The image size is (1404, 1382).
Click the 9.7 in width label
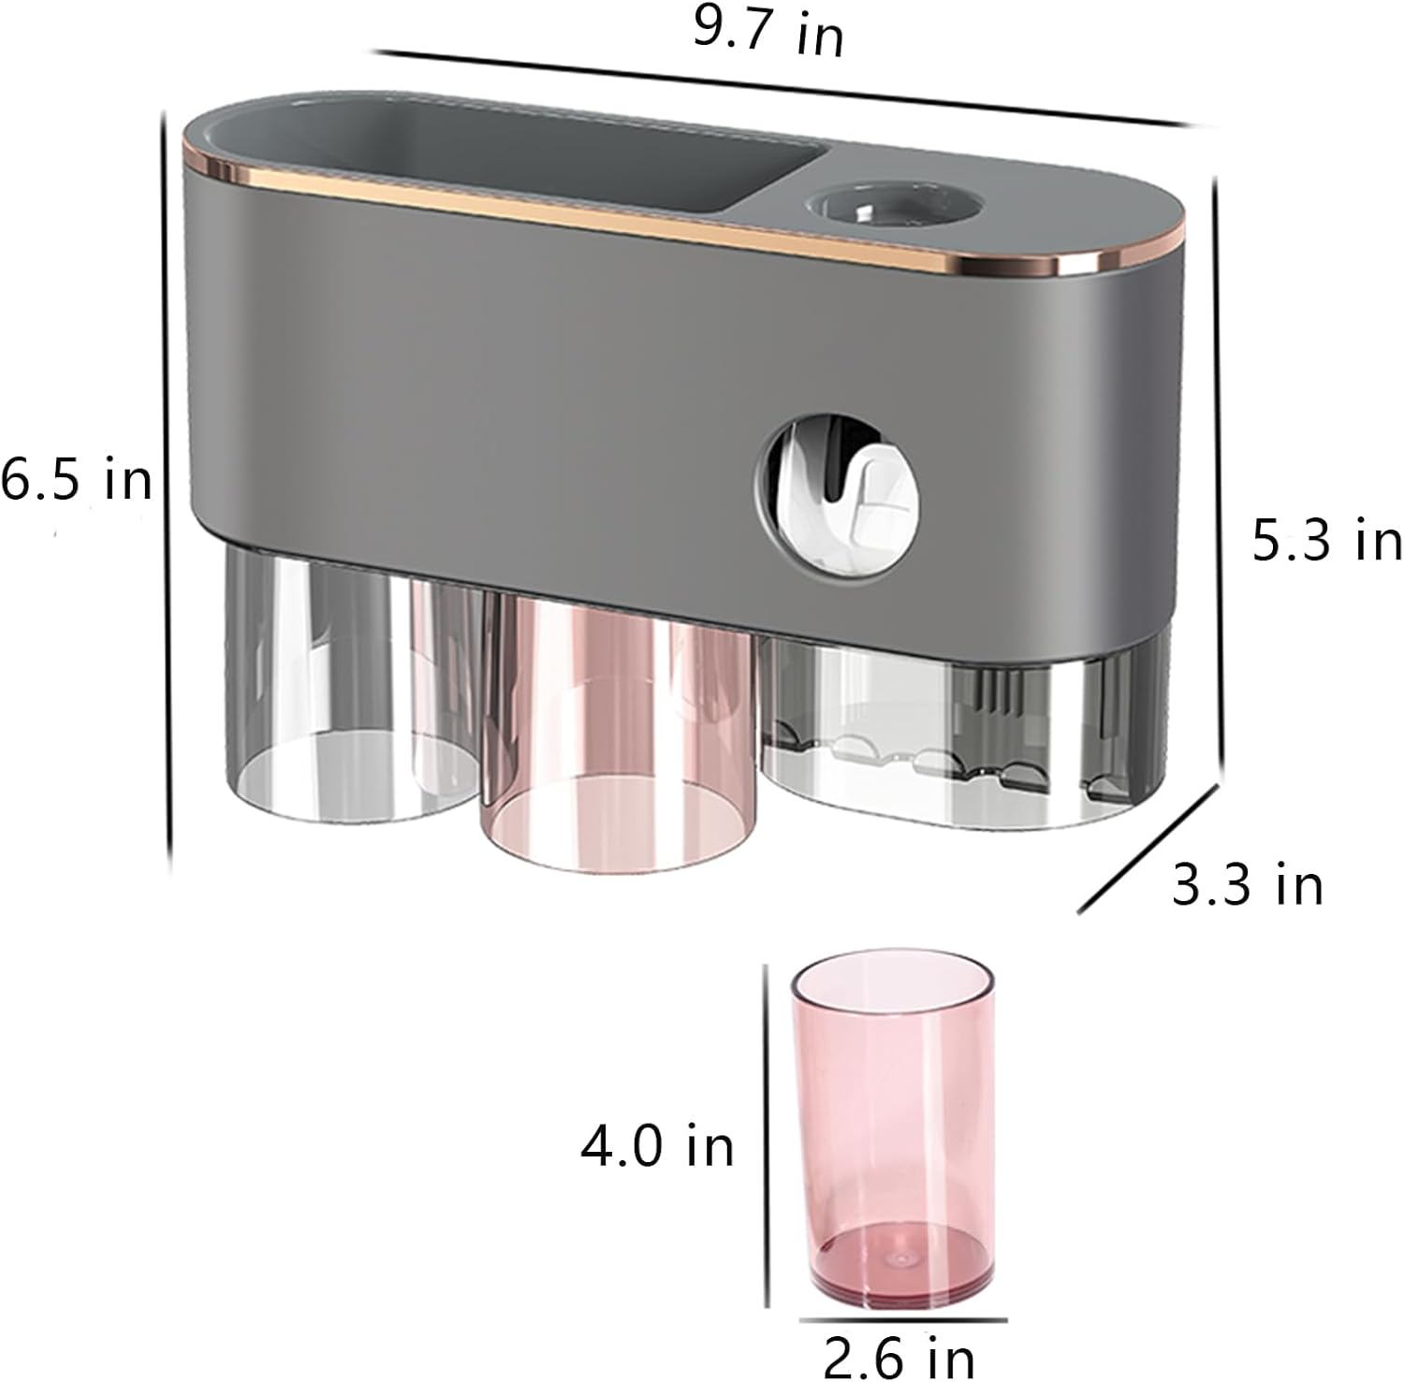pos(768,34)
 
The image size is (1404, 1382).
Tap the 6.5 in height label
pos(77,481)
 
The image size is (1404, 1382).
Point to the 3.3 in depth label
pos(1248,884)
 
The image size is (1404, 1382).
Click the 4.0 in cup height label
pos(658,1145)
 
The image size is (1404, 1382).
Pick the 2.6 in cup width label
pos(899,1355)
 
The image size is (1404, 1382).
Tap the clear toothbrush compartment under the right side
pos(964,739)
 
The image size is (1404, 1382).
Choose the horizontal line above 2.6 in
pos(902,1320)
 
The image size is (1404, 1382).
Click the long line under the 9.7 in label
pos(786,88)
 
